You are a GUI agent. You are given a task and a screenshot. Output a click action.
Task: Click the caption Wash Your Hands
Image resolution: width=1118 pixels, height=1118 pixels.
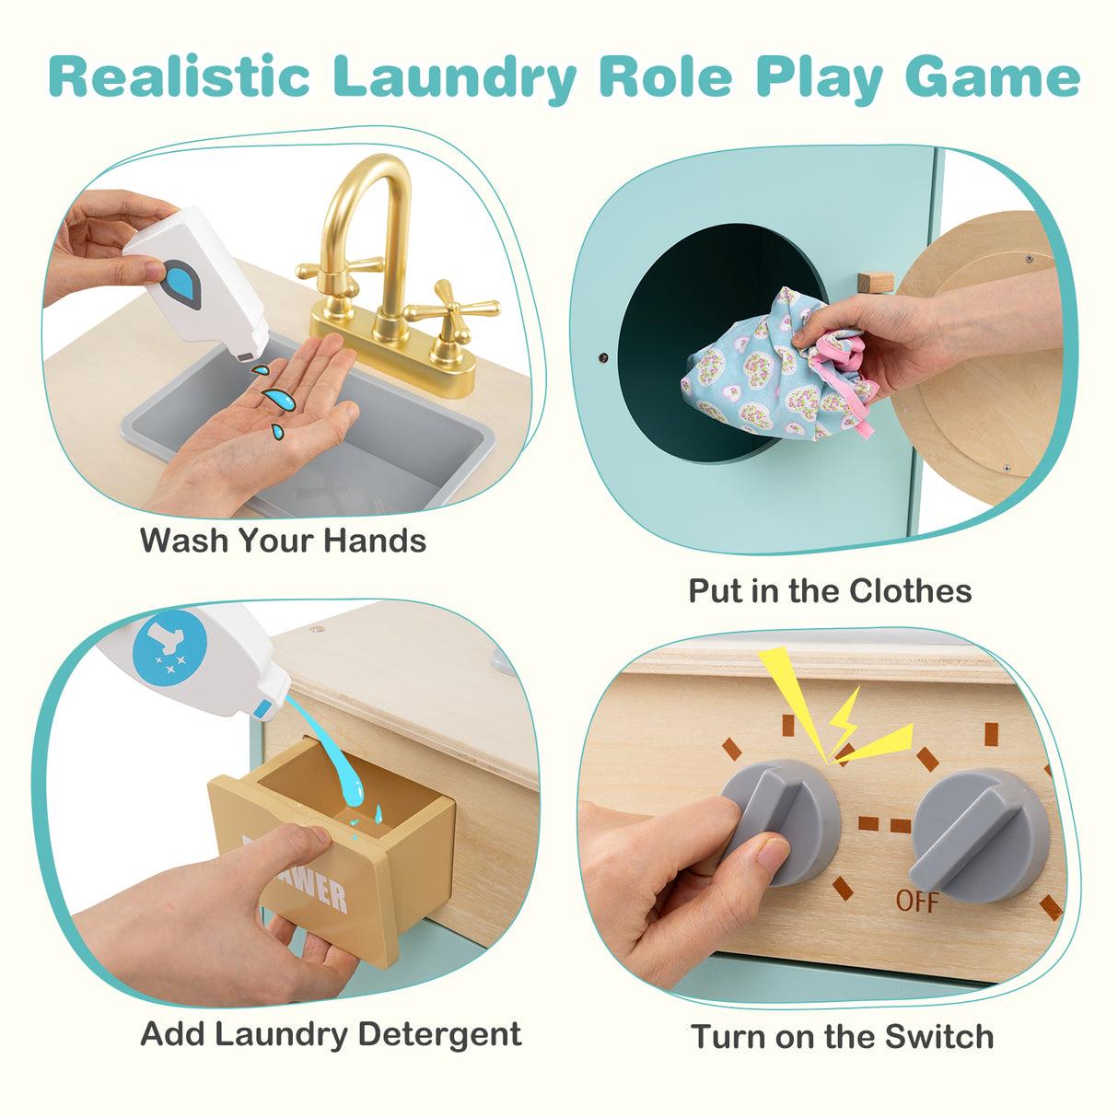[x=283, y=541]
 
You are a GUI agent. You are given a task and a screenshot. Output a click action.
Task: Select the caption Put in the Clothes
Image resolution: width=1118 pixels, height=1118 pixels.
[x=830, y=590]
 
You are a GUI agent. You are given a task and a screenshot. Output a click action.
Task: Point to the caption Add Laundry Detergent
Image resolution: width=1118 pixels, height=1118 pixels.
[x=331, y=1034]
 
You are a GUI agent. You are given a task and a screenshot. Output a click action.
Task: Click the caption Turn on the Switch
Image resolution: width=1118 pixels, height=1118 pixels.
[x=843, y=1037]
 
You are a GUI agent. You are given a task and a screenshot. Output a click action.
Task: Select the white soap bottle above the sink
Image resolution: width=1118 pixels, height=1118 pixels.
[x=198, y=276]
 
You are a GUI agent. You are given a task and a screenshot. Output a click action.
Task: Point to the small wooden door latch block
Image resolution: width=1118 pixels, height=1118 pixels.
[x=875, y=282]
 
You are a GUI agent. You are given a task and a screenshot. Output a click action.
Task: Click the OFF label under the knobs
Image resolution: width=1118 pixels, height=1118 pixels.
[x=917, y=901]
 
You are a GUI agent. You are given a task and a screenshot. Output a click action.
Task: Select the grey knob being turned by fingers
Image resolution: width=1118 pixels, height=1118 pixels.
[x=778, y=815]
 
